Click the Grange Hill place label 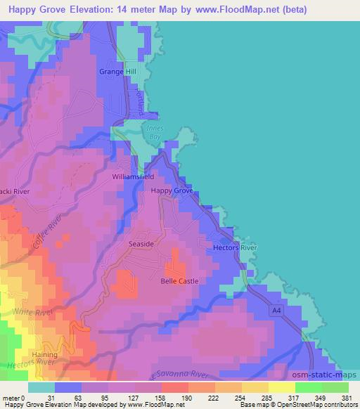(120, 72)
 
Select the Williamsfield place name (133, 177)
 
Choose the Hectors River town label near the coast (236, 248)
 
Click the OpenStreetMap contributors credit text (321, 405)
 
